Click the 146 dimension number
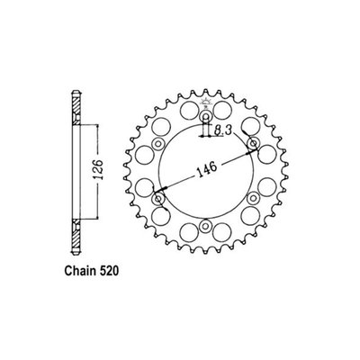coord(205,168)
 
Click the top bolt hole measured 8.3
coord(205,114)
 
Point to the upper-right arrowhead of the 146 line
coord(247,146)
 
